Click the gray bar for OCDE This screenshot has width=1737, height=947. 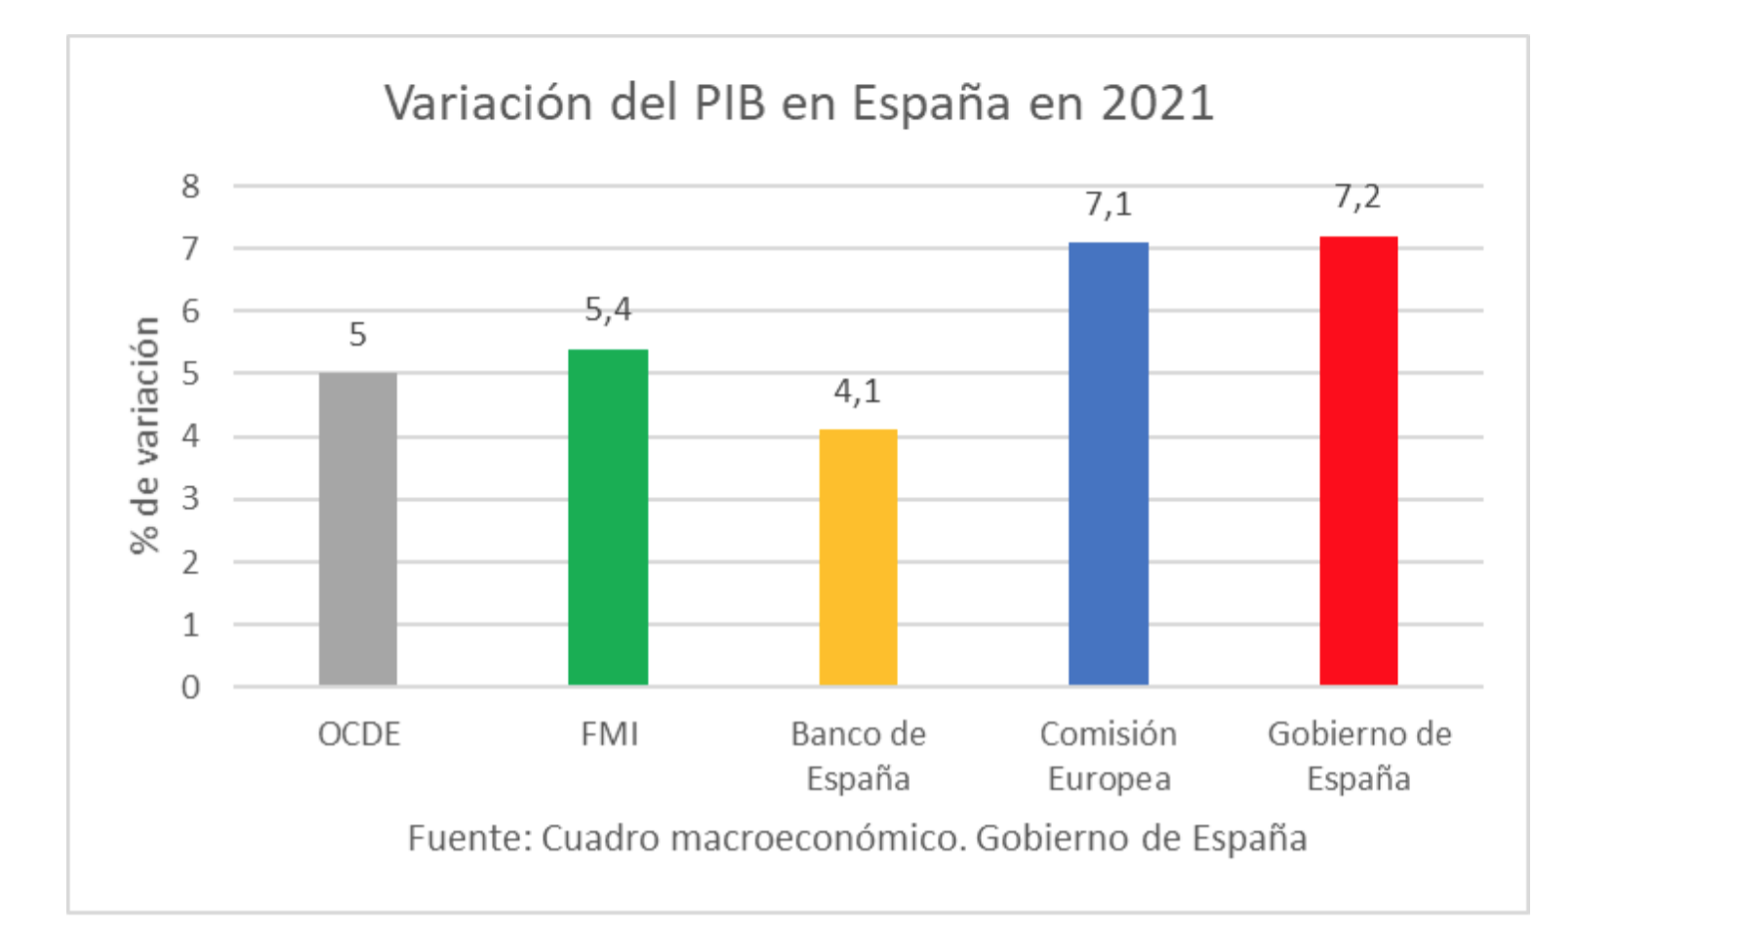[x=358, y=528]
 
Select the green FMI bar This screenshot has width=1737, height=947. [x=608, y=516]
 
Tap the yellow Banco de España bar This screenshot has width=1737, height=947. [x=858, y=556]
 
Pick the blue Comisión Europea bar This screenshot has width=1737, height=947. [x=1109, y=463]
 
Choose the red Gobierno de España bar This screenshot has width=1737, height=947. [x=1358, y=460]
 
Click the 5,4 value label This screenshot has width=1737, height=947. [x=608, y=309]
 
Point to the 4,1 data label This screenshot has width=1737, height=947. [x=858, y=391]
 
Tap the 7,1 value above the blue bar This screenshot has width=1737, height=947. [x=1109, y=204]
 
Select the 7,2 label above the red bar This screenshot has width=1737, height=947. [x=1358, y=197]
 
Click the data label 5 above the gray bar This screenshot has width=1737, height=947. [x=358, y=335]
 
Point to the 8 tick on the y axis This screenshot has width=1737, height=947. [x=190, y=185]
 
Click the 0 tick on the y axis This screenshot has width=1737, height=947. [x=190, y=687]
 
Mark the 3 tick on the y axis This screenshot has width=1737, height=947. [x=190, y=499]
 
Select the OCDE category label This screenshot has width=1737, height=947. [x=359, y=734]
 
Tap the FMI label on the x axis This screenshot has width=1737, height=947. [x=609, y=734]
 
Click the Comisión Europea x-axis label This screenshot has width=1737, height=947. [x=1109, y=756]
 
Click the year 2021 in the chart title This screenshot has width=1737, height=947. [x=1157, y=103]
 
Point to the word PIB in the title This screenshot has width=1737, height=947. [x=730, y=103]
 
